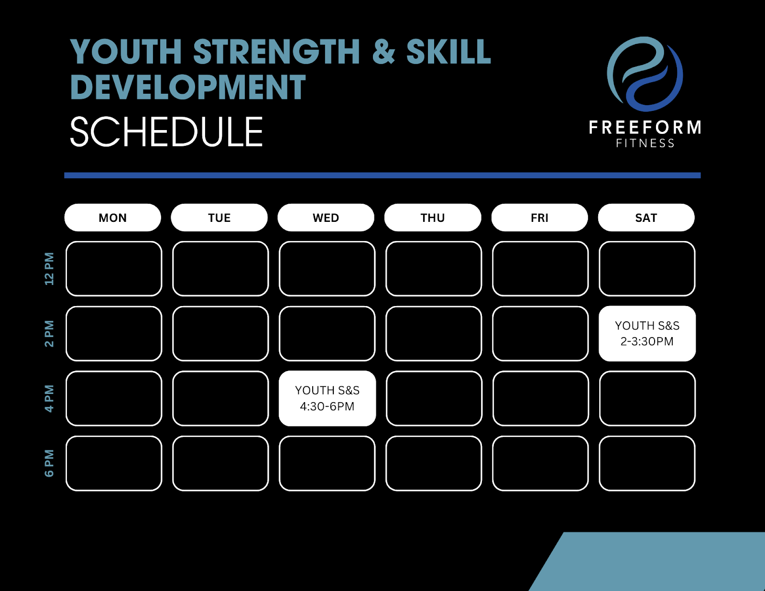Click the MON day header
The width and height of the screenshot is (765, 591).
pyautogui.click(x=113, y=218)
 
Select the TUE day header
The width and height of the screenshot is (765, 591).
pyautogui.click(x=219, y=218)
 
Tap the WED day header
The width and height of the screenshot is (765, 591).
pyautogui.click(x=326, y=218)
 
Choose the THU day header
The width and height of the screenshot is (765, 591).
pyautogui.click(x=433, y=218)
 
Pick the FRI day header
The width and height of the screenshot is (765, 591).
pyautogui.click(x=540, y=218)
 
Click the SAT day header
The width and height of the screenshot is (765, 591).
pyautogui.click(x=646, y=218)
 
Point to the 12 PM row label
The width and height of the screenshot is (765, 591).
pyautogui.click(x=49, y=269)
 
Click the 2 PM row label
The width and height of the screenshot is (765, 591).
pyautogui.click(x=49, y=333)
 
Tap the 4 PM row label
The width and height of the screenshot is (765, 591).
pyautogui.click(x=49, y=398)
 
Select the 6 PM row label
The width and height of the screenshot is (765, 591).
pyautogui.click(x=49, y=463)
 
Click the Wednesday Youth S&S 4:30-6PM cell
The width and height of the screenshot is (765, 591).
pyautogui.click(x=328, y=398)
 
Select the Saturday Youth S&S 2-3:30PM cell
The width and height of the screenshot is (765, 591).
pyautogui.click(x=647, y=333)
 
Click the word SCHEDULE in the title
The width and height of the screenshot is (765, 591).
pyautogui.click(x=166, y=131)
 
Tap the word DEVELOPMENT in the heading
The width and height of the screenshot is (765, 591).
pyautogui.click(x=188, y=87)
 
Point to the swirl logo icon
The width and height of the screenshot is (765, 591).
pyautogui.click(x=645, y=74)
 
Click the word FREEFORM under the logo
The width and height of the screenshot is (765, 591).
pyautogui.click(x=645, y=127)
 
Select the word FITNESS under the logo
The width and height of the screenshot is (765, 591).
pyautogui.click(x=645, y=143)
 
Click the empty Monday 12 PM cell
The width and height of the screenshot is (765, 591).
pyautogui.click(x=114, y=269)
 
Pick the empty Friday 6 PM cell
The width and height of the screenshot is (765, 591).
pyautogui.click(x=540, y=463)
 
